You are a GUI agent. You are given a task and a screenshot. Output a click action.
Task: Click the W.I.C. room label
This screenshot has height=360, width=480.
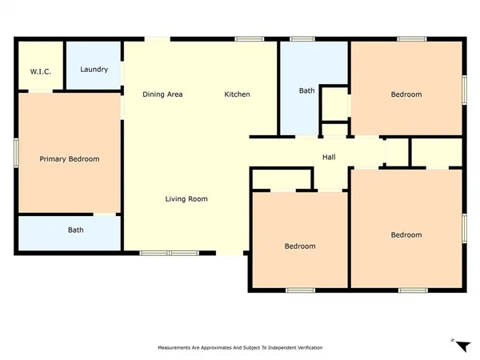41,72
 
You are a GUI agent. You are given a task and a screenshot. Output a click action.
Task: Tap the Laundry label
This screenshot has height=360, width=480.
94,70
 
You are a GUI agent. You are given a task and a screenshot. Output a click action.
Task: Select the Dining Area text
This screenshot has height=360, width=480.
162,94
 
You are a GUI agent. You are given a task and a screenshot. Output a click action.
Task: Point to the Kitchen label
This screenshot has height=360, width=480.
237,94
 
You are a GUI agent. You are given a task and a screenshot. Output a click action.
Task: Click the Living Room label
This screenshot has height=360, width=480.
186,198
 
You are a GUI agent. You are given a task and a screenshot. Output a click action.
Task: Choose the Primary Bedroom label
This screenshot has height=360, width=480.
70,159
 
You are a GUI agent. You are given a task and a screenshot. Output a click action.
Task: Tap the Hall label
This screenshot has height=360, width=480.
329,157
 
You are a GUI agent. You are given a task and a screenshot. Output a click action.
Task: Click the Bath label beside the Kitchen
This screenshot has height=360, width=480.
306,91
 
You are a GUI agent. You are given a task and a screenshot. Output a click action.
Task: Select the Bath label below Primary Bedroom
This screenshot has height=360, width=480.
75,230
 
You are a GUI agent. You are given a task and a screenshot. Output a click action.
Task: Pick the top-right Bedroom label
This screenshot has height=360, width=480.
406,94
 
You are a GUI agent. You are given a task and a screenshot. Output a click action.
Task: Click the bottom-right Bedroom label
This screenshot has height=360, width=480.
406,234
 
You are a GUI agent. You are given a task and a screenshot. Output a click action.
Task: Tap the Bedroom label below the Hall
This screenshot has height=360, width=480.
300,246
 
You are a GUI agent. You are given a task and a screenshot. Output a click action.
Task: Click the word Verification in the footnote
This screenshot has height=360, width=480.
308,348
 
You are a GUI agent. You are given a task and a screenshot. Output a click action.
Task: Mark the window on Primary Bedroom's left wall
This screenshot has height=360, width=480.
16,152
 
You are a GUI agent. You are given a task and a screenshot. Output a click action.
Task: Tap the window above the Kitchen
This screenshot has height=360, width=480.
250,39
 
